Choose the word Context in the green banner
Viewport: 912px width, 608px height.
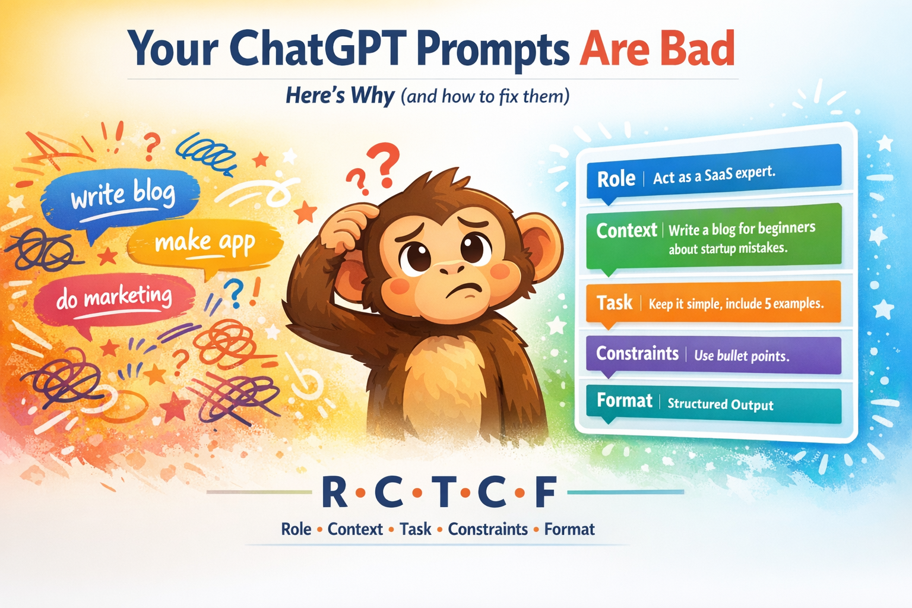click(626, 230)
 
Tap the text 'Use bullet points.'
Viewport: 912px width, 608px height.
click(742, 356)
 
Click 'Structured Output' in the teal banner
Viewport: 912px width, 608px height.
click(720, 404)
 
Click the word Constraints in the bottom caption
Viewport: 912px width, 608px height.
click(487, 530)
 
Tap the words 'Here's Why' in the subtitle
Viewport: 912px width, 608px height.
click(340, 96)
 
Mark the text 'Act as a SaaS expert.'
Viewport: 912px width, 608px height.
click(714, 176)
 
